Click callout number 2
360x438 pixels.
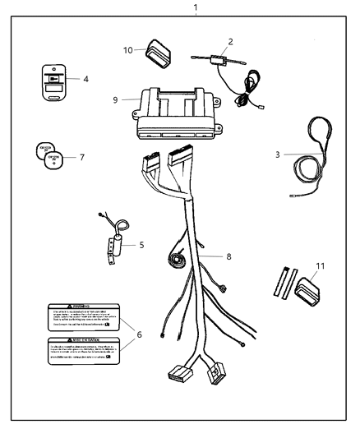[231, 40]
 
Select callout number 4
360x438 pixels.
[85, 80]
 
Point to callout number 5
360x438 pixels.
[141, 244]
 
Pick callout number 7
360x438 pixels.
[81, 155]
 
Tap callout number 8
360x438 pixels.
[228, 257]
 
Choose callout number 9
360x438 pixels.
[116, 99]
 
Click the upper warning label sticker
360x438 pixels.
[84, 316]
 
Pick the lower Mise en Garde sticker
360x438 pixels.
[84, 352]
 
